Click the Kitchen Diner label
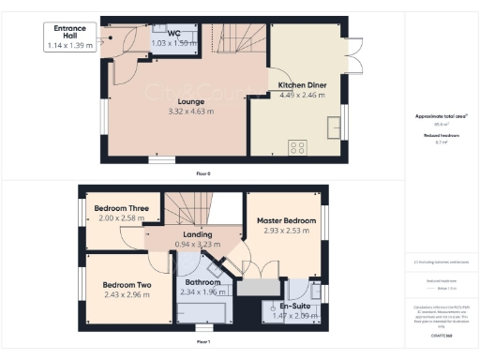click(x=302, y=85)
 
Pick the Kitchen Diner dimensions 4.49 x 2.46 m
click(x=302, y=95)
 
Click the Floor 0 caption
click(x=203, y=173)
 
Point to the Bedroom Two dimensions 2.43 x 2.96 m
click(x=126, y=293)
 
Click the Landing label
click(x=197, y=234)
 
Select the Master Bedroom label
click(x=287, y=221)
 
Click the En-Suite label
click(x=294, y=305)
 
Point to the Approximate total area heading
click(x=442, y=115)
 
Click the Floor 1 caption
click(x=203, y=342)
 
